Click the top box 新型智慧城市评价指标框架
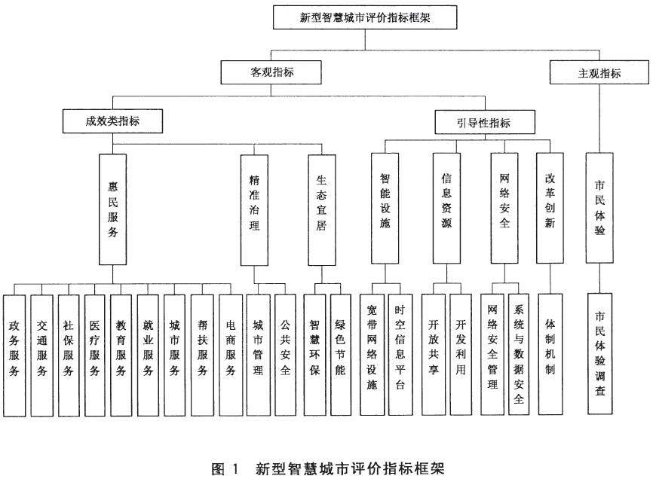coord(365,17)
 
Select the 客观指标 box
coord(271,72)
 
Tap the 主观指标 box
coord(599,73)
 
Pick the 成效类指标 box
coord(112,121)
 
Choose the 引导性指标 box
coord(485,122)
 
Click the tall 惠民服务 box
coord(113,209)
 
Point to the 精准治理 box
coord(254,210)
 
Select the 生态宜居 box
coord(321,210)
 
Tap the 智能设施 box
coord(385,209)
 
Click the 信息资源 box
coord(446,209)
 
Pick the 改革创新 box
coord(550,208)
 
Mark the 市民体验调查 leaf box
coord(600,354)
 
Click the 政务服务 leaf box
coord(14,356)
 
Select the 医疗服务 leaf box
coord(94,356)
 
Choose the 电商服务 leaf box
coord(231,356)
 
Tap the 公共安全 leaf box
coord(285,355)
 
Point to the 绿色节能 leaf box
coord(341,355)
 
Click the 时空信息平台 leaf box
coord(400,355)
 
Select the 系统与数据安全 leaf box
coord(519,354)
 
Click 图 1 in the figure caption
coord(225,468)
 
